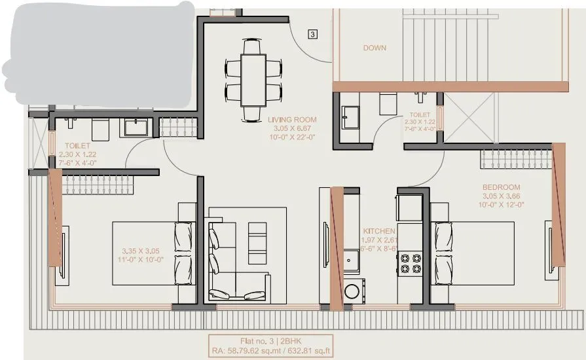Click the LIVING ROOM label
(x=292, y=120)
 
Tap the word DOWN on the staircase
(x=375, y=48)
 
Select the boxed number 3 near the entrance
(x=313, y=34)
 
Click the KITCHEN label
(x=379, y=231)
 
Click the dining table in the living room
(x=253, y=79)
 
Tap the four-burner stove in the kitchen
(x=410, y=263)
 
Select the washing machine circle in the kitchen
(x=352, y=291)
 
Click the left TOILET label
(x=77, y=146)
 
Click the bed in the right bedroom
(x=475, y=253)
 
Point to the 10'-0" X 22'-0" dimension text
(x=292, y=137)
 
